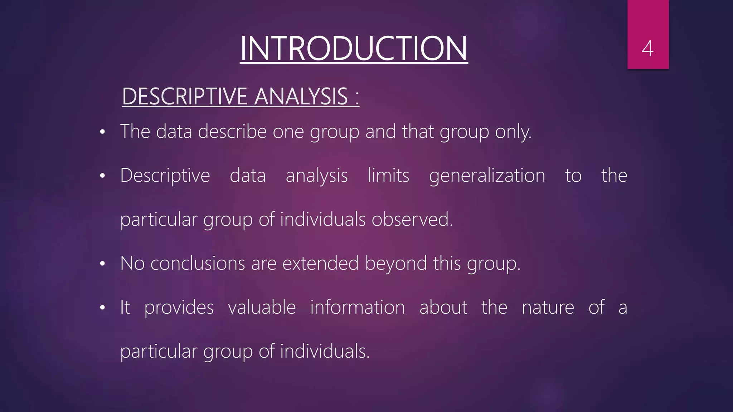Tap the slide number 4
tap(647, 49)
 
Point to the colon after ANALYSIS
tap(357, 98)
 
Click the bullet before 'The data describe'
tap(102, 132)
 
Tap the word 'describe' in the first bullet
tap(232, 131)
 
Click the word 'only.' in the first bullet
tap(513, 132)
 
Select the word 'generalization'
tap(487, 176)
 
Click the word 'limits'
tap(388, 176)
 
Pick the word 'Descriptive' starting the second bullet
tap(165, 176)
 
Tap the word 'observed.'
tap(412, 219)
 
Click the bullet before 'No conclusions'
tap(102, 264)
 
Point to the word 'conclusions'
tap(198, 264)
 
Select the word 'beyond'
tap(395, 264)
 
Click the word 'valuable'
tap(262, 307)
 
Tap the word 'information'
tap(357, 307)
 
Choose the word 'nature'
tap(548, 308)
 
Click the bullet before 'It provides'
tap(102, 308)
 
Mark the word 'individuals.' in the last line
tap(325, 351)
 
